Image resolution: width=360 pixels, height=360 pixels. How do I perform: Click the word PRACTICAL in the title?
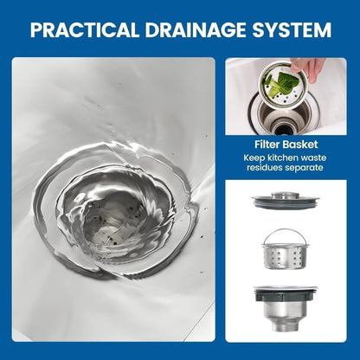pos(84,29)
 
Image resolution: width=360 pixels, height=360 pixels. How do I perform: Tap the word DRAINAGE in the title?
pos(196,29)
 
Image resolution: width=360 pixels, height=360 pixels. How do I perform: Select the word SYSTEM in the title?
pos(292,29)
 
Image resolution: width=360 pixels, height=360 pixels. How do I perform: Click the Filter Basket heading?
pos(286,145)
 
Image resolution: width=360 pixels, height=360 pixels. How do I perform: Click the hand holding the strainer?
pos(307,68)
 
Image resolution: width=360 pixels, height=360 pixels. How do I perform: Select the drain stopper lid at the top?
pos(286,200)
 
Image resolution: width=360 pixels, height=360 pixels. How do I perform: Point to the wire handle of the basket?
pos(286,235)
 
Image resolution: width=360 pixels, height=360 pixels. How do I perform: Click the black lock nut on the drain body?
pos(286,296)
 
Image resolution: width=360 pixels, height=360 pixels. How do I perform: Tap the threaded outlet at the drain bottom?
pos(286,325)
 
